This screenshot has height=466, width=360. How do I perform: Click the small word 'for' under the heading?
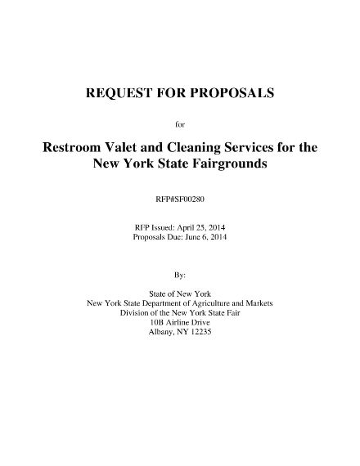click(x=180, y=124)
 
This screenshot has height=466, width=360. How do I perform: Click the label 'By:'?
click(x=180, y=276)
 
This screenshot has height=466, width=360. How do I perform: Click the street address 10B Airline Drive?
click(x=180, y=321)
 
